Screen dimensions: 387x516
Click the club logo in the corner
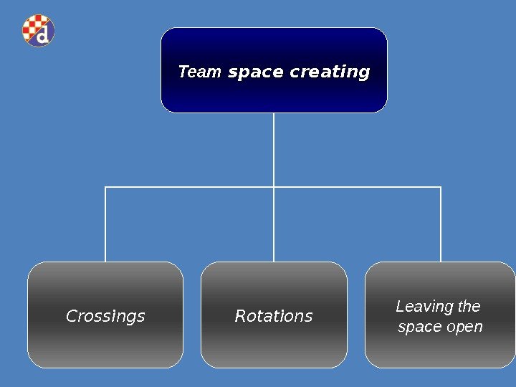pos(39,31)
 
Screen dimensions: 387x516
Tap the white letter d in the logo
pos(44,34)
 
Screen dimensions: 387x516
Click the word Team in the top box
pos(199,72)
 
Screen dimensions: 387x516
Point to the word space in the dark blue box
pos(255,72)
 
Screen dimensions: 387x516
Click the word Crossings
pos(105,316)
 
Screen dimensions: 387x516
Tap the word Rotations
pos(274,316)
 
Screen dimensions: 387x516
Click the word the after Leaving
pos(469,307)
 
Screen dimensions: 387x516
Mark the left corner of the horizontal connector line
pos(105,187)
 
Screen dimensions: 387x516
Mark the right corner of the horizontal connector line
pos(441,187)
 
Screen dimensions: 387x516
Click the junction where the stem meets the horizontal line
pos(274,187)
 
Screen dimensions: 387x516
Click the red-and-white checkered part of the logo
pos(32,26)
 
